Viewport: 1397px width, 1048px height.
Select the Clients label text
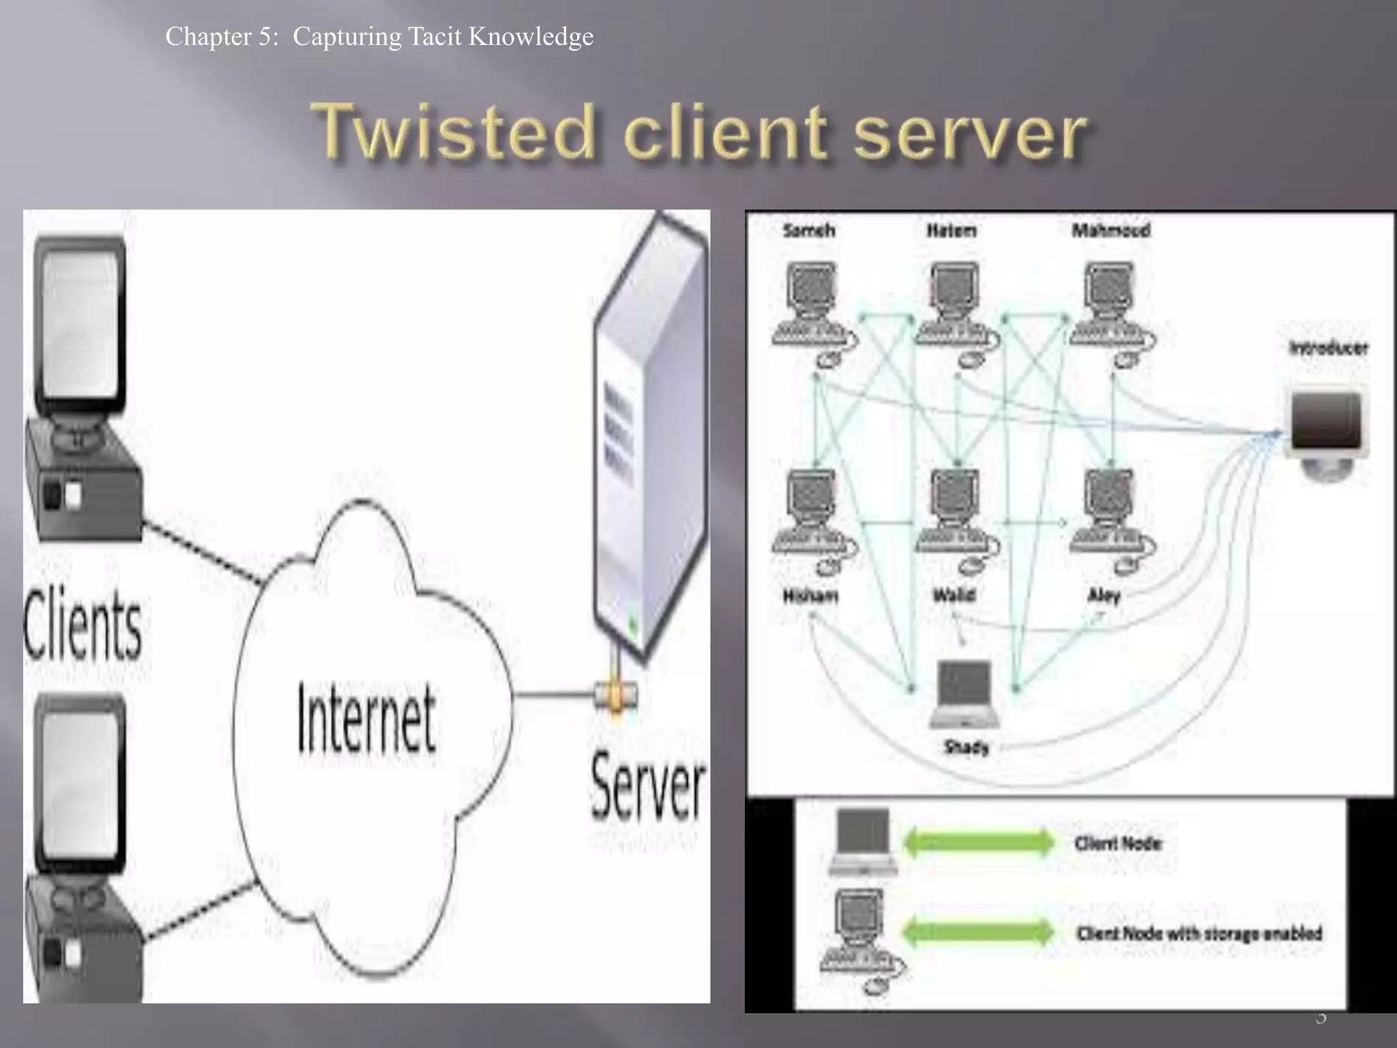83,624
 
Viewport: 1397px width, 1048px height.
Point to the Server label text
647,787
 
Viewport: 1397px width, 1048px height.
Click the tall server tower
648,437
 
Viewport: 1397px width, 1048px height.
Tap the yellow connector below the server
615,696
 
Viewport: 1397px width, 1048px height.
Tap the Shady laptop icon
964,693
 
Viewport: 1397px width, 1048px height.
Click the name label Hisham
810,596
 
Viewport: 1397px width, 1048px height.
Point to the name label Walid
954,595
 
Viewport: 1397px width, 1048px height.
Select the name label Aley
1104,596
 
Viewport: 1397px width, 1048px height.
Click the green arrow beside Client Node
979,842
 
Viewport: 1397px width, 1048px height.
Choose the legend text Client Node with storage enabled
1199,933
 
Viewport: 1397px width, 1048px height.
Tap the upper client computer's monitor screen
80,321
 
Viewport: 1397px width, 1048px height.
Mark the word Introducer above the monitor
1328,348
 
